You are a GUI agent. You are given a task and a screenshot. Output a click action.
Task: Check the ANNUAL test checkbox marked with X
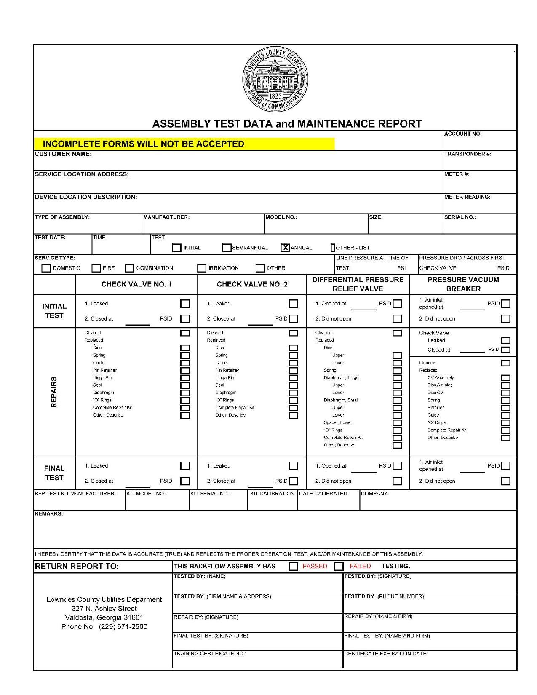(x=285, y=248)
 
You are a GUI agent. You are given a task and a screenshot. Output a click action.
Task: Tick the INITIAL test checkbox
(x=177, y=248)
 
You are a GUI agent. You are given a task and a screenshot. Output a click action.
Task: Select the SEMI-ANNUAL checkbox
(x=227, y=248)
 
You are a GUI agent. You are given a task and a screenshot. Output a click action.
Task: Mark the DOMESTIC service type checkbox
(x=46, y=268)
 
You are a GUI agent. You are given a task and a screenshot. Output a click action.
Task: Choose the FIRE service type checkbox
(x=96, y=268)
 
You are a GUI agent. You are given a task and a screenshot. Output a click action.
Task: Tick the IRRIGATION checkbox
(x=202, y=268)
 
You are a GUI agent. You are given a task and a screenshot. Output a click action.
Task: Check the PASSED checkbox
(x=294, y=567)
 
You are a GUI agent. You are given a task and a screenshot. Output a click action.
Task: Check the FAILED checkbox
(x=339, y=567)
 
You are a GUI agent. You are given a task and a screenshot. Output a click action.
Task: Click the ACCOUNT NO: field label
(x=463, y=134)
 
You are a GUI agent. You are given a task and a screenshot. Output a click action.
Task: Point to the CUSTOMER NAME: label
(x=63, y=154)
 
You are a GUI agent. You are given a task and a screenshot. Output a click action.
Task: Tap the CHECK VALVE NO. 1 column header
(x=136, y=284)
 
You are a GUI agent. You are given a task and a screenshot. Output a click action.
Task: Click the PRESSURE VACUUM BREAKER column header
(x=463, y=284)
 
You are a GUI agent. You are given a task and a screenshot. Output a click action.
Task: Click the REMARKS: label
(x=49, y=514)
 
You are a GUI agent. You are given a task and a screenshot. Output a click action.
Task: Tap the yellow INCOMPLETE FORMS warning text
(x=143, y=144)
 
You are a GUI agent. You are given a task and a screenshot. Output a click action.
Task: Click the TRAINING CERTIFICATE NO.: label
(x=210, y=654)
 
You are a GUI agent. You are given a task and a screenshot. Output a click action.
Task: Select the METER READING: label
(x=467, y=197)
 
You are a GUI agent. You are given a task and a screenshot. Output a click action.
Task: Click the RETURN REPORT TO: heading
(x=77, y=567)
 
